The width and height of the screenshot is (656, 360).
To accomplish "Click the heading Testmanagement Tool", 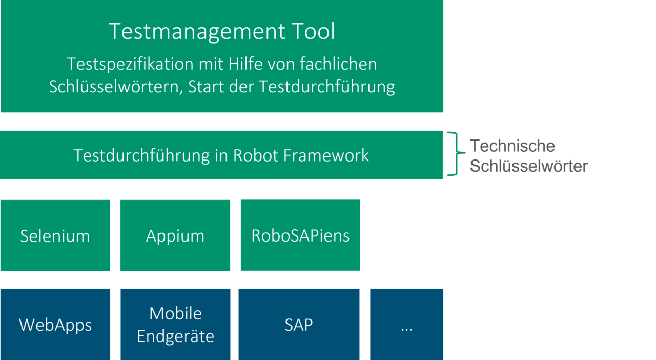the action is point(222,31).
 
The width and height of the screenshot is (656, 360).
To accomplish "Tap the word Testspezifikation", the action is point(130,64).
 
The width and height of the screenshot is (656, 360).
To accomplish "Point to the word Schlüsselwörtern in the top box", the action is point(116,87).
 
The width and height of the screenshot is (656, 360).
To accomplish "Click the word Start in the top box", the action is point(206,87).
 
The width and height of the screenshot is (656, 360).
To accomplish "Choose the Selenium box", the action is point(55,235).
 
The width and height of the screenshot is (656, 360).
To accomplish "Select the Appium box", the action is point(175,235).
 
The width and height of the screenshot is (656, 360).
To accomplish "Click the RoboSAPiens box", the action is point(300,235).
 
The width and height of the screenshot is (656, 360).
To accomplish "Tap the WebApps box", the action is point(55,324).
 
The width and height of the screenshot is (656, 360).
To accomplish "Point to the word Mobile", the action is point(175,313).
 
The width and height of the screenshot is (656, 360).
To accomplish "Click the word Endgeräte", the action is point(175,336).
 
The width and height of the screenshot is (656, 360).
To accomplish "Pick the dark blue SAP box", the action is point(299,324).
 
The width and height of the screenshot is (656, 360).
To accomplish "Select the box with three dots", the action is point(407,324).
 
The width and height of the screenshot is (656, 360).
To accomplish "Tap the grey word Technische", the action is point(512,146).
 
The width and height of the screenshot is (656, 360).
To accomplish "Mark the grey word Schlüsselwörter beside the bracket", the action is point(528,166).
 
